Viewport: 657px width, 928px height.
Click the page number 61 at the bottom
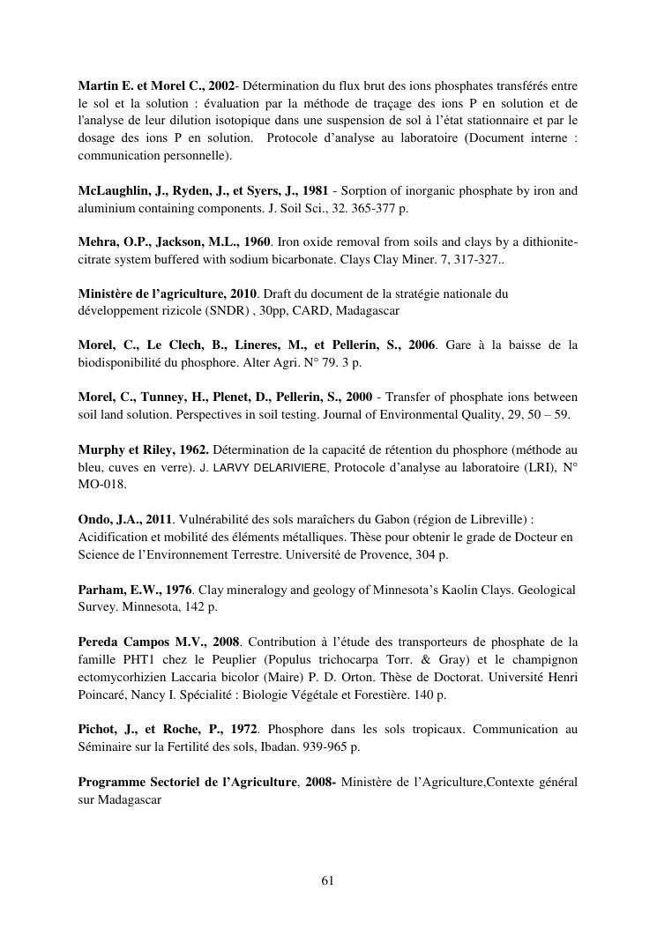point(327,880)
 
